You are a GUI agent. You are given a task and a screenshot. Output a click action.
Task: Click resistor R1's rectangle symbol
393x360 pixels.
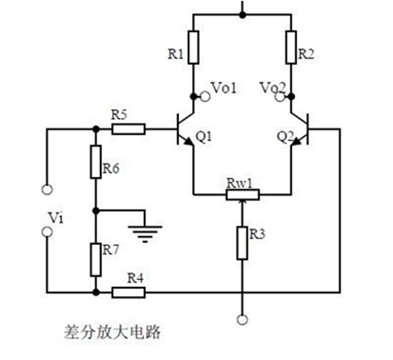tap(193, 48)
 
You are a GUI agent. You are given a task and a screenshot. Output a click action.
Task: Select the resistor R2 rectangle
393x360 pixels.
tap(291, 48)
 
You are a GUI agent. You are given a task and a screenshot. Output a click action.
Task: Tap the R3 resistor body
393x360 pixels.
tap(243, 242)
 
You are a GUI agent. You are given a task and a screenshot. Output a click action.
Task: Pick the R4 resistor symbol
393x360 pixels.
tap(129, 292)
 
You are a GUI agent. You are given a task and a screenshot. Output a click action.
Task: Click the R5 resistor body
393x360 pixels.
tap(129, 129)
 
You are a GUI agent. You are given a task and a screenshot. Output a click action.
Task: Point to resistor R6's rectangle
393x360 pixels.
tap(96, 161)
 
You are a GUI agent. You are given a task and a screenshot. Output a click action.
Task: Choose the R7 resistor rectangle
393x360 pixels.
tap(96, 259)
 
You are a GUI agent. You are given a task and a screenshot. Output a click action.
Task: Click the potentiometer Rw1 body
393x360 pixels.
tap(242, 195)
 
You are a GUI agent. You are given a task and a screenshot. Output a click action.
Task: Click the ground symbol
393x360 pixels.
tap(145, 231)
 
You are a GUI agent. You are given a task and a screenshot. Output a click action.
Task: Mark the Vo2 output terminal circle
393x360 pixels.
tap(280, 96)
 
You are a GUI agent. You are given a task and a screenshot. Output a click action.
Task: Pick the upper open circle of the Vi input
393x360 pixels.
tap(47, 189)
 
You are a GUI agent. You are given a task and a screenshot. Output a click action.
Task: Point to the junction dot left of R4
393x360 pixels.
tap(96, 292)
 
